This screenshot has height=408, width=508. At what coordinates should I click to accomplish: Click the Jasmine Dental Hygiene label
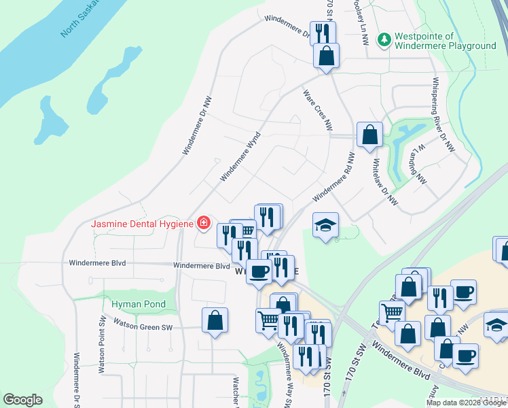[x=143, y=224]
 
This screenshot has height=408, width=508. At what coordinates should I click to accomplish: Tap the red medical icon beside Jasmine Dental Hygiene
[x=202, y=222]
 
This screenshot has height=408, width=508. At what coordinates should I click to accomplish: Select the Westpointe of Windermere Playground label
[x=446, y=41]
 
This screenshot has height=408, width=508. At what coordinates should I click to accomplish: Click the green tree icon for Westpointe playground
[x=384, y=39]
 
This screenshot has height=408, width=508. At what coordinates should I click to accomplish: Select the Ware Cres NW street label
[x=318, y=109]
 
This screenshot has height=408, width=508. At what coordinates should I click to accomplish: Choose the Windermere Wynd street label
[x=240, y=157]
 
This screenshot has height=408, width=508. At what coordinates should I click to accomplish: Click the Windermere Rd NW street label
[x=333, y=177]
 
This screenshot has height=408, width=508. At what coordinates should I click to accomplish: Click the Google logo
[x=22, y=400]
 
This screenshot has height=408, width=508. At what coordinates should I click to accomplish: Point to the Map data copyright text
[x=466, y=403]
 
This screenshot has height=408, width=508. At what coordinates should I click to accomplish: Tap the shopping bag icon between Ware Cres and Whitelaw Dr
[x=369, y=135]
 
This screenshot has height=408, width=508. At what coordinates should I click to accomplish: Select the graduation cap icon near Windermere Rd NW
[x=325, y=226]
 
